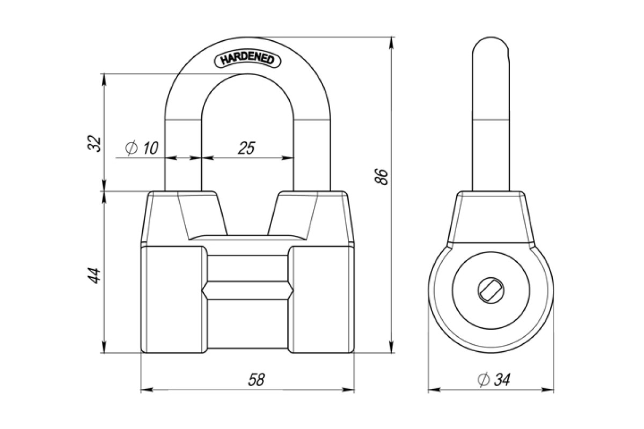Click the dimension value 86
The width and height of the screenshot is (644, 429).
pos(382,177)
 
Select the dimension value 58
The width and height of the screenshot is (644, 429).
pos(256,380)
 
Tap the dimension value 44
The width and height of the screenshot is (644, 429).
pos(94,276)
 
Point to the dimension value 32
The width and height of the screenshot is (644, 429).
pos(94,143)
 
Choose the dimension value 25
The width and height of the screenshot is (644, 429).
pos(246,148)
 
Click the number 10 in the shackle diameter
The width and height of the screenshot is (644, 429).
pos(150,148)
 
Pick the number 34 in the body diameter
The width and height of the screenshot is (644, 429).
pos(502,380)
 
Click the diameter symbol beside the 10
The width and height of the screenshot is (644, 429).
pos(131,148)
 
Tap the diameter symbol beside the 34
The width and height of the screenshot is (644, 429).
pos(484,379)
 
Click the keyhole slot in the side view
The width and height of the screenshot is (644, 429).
pos(491,291)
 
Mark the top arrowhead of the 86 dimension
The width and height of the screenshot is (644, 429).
pos(391,44)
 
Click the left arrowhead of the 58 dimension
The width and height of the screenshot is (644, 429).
pos(147,390)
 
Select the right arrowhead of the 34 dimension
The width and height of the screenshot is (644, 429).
pos(547,390)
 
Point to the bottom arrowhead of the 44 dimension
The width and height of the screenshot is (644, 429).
pos(104,346)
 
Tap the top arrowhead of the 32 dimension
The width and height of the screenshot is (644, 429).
pos(104,80)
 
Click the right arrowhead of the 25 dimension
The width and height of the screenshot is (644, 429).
pos(288,158)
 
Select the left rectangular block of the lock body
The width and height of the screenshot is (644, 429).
pos(174,299)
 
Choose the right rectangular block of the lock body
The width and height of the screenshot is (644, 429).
pos(321,299)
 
